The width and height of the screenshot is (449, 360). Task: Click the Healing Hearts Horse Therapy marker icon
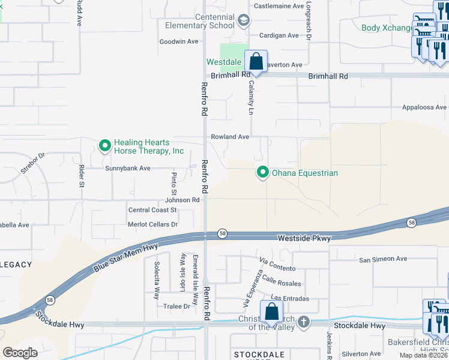pos(105,146)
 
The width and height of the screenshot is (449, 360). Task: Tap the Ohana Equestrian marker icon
pos(262,173)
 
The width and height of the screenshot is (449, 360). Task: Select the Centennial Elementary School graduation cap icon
pos(243,21)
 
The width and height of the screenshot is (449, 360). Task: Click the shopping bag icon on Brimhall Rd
pos(256,62)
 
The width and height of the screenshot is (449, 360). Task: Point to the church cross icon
pos(304,322)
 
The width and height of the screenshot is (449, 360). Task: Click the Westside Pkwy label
pos(304,238)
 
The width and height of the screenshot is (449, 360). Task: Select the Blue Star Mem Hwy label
pos(125,257)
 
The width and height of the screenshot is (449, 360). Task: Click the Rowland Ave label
pos(229,137)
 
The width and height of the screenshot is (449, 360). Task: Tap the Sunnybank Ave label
pos(128,169)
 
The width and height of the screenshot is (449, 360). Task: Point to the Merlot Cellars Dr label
pos(153,224)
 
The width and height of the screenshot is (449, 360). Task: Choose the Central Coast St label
pos(152,210)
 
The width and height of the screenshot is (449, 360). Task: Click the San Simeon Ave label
pos(383,259)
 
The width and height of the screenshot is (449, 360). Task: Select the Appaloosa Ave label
pos(424,107)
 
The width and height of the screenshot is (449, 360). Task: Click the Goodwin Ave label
pos(178,41)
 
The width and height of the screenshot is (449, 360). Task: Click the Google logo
pos(20,353)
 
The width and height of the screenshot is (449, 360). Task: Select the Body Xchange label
pos(387,28)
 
